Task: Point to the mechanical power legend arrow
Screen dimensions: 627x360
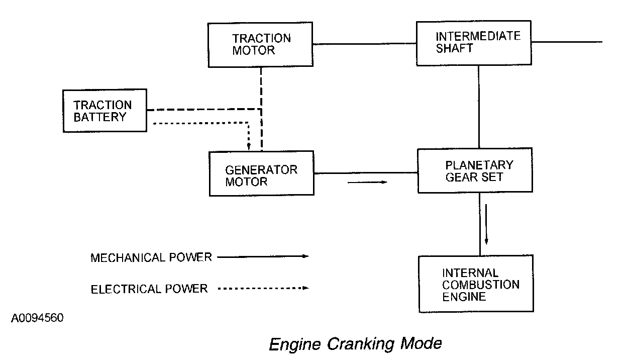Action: tap(263, 256)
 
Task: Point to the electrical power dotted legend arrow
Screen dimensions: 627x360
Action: tap(263, 288)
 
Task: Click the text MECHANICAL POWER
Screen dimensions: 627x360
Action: tap(151, 257)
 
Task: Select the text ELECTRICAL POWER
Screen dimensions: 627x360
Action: tap(149, 289)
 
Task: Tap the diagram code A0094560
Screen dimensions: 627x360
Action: tap(37, 318)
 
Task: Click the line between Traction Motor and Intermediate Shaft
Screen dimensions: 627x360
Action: tap(364, 44)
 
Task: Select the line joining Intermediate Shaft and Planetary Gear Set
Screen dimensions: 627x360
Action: tap(479, 107)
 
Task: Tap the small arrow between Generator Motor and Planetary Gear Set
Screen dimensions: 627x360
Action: tap(367, 183)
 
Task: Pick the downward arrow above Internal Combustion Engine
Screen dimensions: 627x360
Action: tap(486, 224)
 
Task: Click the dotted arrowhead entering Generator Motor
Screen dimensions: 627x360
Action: tap(249, 147)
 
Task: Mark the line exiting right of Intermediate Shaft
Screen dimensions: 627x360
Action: tap(567, 42)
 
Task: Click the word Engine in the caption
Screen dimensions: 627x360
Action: tap(295, 344)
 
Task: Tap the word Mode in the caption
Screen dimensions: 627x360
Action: tap(421, 343)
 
